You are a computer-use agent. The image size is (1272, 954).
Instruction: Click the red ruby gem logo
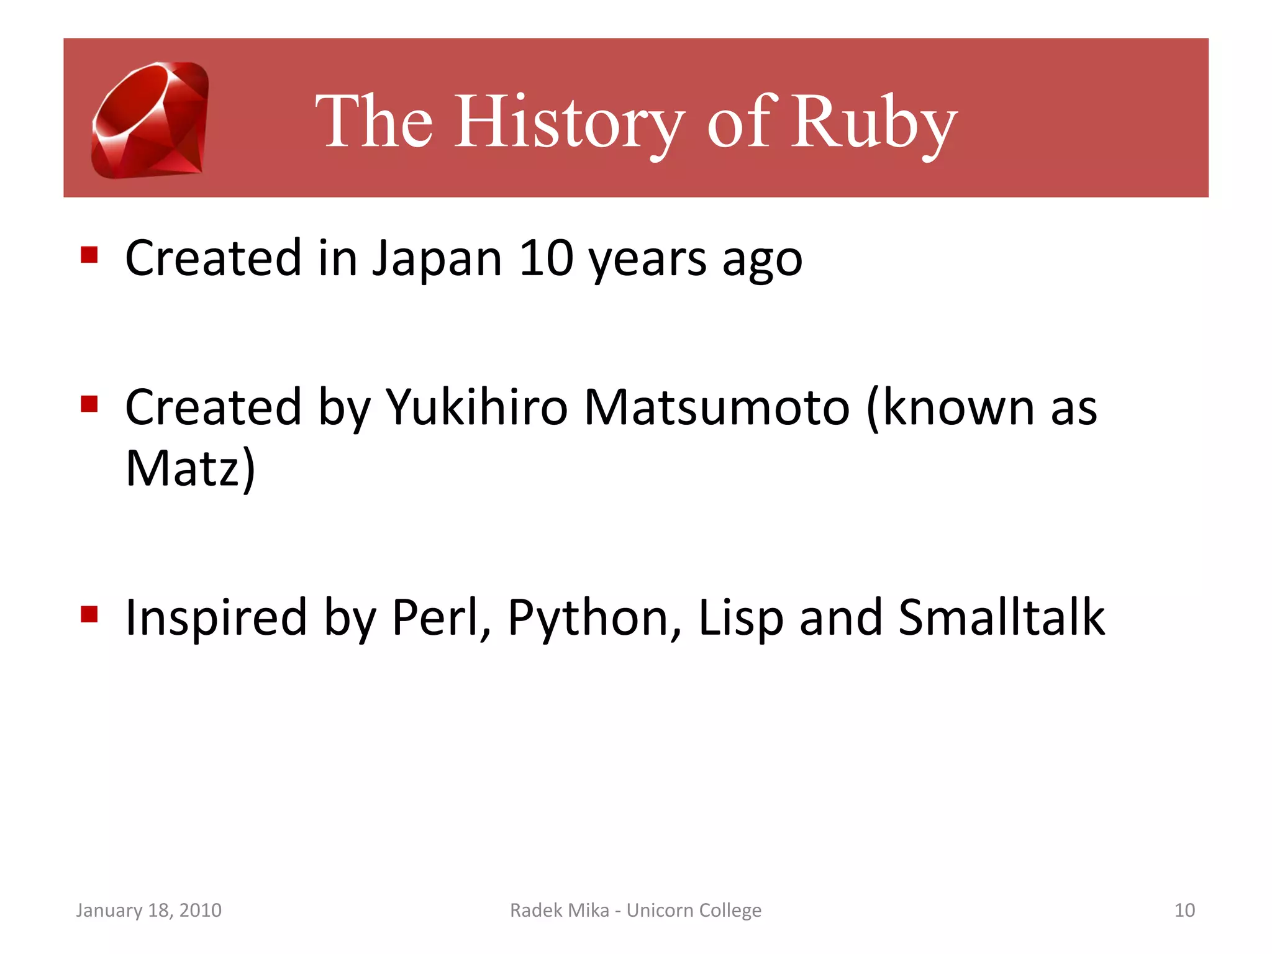[150, 119]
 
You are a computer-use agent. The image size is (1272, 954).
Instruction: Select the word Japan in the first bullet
[437, 258]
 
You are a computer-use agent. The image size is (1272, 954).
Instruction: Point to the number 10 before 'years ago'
[546, 258]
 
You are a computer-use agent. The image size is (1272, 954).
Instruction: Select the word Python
[591, 619]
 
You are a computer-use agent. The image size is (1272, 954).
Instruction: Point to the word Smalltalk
[1001, 617]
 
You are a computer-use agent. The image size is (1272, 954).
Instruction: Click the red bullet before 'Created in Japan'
[89, 255]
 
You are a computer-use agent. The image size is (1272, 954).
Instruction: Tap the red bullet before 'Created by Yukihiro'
[89, 404]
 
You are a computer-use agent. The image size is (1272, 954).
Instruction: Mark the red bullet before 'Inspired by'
[89, 614]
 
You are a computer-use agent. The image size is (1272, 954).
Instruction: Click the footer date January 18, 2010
[148, 910]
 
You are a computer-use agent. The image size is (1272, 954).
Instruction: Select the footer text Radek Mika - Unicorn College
[635, 910]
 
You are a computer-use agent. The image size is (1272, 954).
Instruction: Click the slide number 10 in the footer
[1184, 910]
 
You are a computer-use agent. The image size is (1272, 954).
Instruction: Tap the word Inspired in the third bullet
[216, 617]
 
